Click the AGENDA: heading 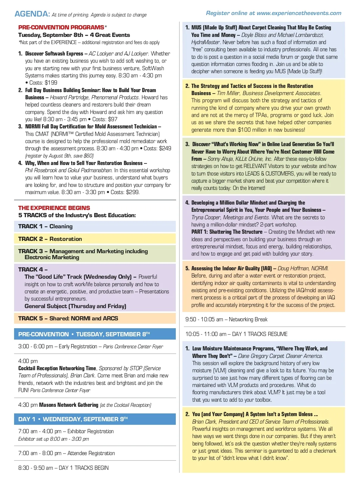[32, 14]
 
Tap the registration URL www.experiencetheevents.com [299, 13]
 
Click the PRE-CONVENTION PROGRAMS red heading [61, 27]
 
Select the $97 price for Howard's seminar [112, 119]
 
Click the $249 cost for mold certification [165, 148]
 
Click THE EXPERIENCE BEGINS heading [54, 208]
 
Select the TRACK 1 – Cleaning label [45, 226]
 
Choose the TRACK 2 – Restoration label [50, 239]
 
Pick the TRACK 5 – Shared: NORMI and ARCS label [68, 319]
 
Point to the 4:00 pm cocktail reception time [28, 361]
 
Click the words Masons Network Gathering [69, 405]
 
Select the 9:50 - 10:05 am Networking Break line [226, 319]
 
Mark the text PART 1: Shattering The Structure [227, 232]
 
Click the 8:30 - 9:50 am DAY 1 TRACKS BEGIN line [63, 468]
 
